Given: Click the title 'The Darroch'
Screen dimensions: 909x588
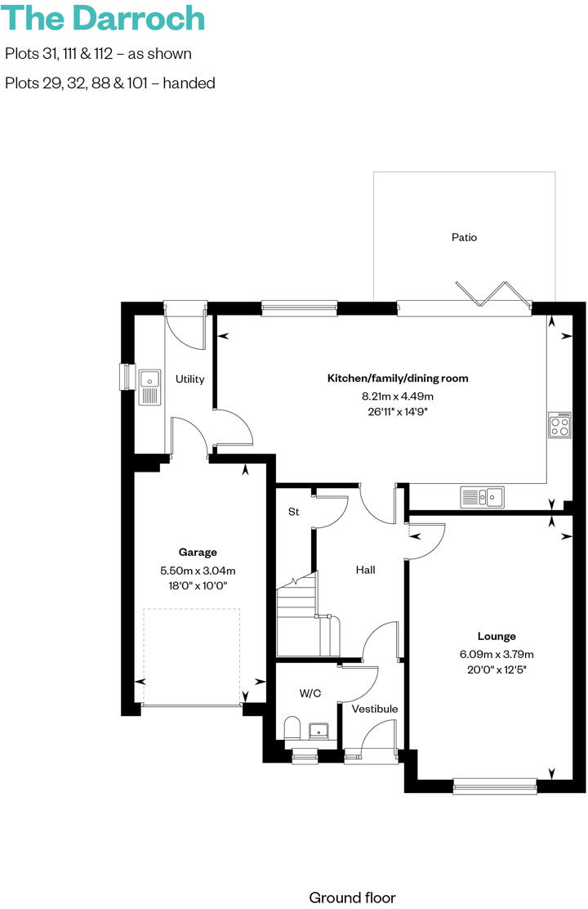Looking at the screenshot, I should [105, 18].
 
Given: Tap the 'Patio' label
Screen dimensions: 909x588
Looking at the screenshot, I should [464, 237].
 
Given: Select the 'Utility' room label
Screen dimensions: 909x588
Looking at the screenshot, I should [189, 379].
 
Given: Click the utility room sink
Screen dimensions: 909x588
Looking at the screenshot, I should [149, 386].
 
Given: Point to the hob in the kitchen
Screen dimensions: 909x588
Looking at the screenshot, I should [559, 424].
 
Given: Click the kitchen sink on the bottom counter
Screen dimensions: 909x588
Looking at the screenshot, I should [483, 496].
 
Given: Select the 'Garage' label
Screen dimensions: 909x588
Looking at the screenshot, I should [198, 552].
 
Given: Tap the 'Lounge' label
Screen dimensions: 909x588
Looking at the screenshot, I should [497, 636].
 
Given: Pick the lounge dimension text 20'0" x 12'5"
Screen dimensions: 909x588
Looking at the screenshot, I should [497, 669].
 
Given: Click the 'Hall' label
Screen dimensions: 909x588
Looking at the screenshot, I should [365, 570].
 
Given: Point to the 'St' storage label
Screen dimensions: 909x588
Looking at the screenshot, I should [293, 513].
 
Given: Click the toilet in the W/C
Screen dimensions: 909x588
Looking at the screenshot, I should [292, 728].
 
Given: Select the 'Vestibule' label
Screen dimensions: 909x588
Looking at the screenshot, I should [375, 709].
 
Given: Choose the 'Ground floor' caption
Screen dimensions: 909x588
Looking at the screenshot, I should [352, 897].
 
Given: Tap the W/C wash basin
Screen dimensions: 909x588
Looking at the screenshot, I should [319, 730].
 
